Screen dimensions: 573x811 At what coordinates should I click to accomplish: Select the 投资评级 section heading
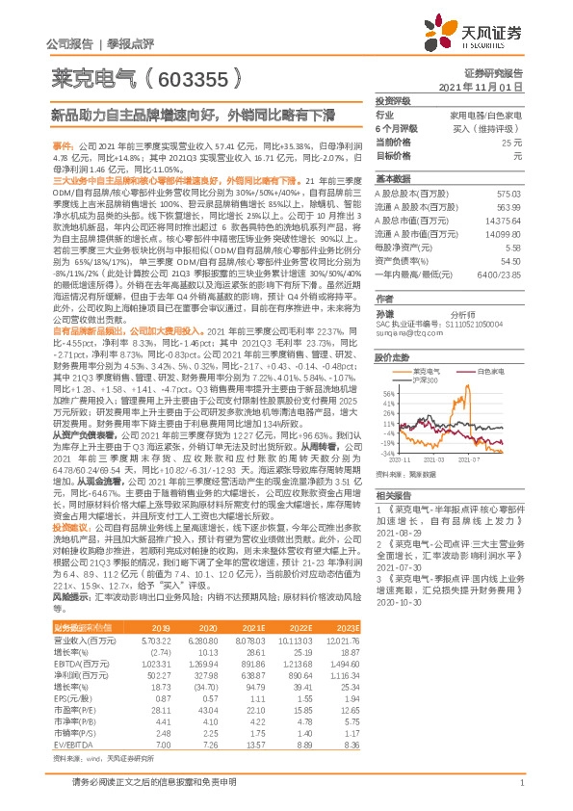point(392,99)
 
